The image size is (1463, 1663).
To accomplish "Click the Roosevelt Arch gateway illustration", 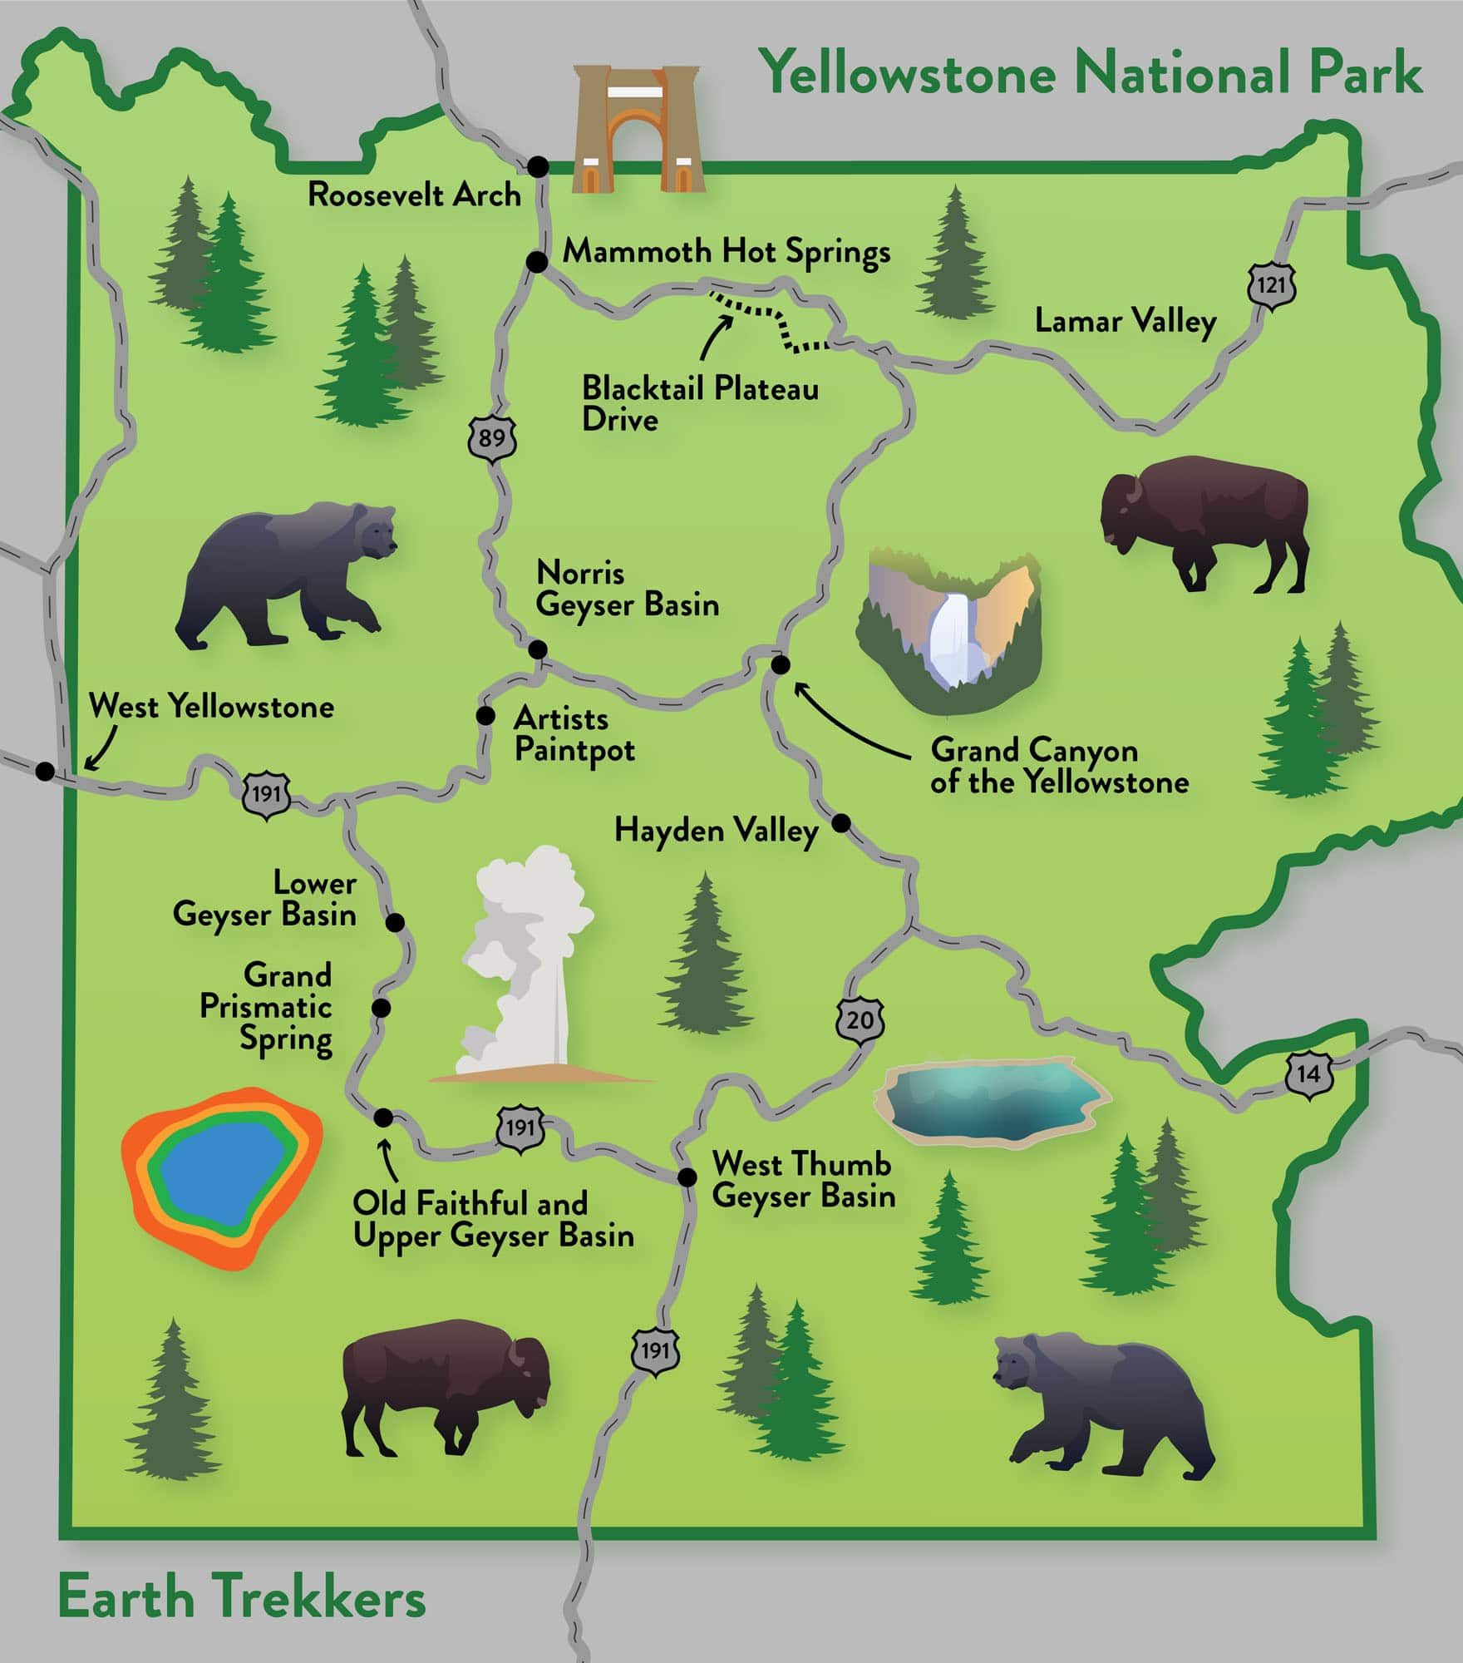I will coord(638,130).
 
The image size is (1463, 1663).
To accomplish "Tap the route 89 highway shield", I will coord(492,436).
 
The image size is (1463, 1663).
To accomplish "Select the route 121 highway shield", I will coord(1271,286).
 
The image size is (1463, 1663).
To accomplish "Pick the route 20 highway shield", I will coord(860,1019).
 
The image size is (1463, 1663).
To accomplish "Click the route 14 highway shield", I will coord(1308,1073).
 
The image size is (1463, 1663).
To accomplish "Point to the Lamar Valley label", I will coord(1125,322).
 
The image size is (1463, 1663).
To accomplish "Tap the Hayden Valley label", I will coord(716,830).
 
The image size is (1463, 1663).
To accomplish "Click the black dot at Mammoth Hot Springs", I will coord(538,262).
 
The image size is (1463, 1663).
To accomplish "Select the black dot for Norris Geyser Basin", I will coord(538,649).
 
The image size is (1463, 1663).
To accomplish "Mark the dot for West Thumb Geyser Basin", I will coord(687,1177).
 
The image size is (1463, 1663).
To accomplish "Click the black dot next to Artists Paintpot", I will coord(485,715).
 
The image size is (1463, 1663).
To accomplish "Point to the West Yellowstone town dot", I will coord(46,772).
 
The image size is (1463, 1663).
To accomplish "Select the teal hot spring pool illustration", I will coord(991,1102).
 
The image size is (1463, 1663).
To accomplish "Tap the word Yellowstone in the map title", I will coord(910,72).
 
